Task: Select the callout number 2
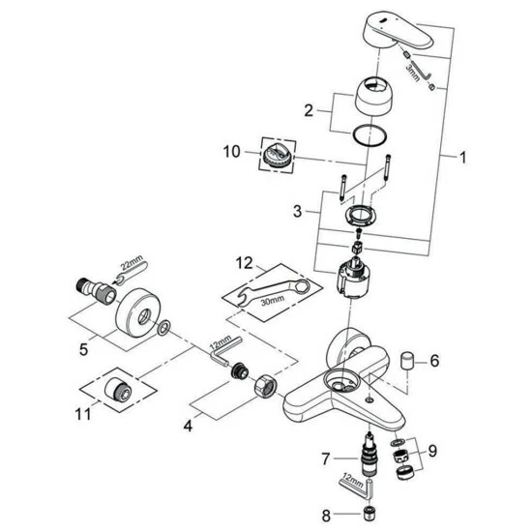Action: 308,110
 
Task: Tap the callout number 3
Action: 301,209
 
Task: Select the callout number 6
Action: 434,362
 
